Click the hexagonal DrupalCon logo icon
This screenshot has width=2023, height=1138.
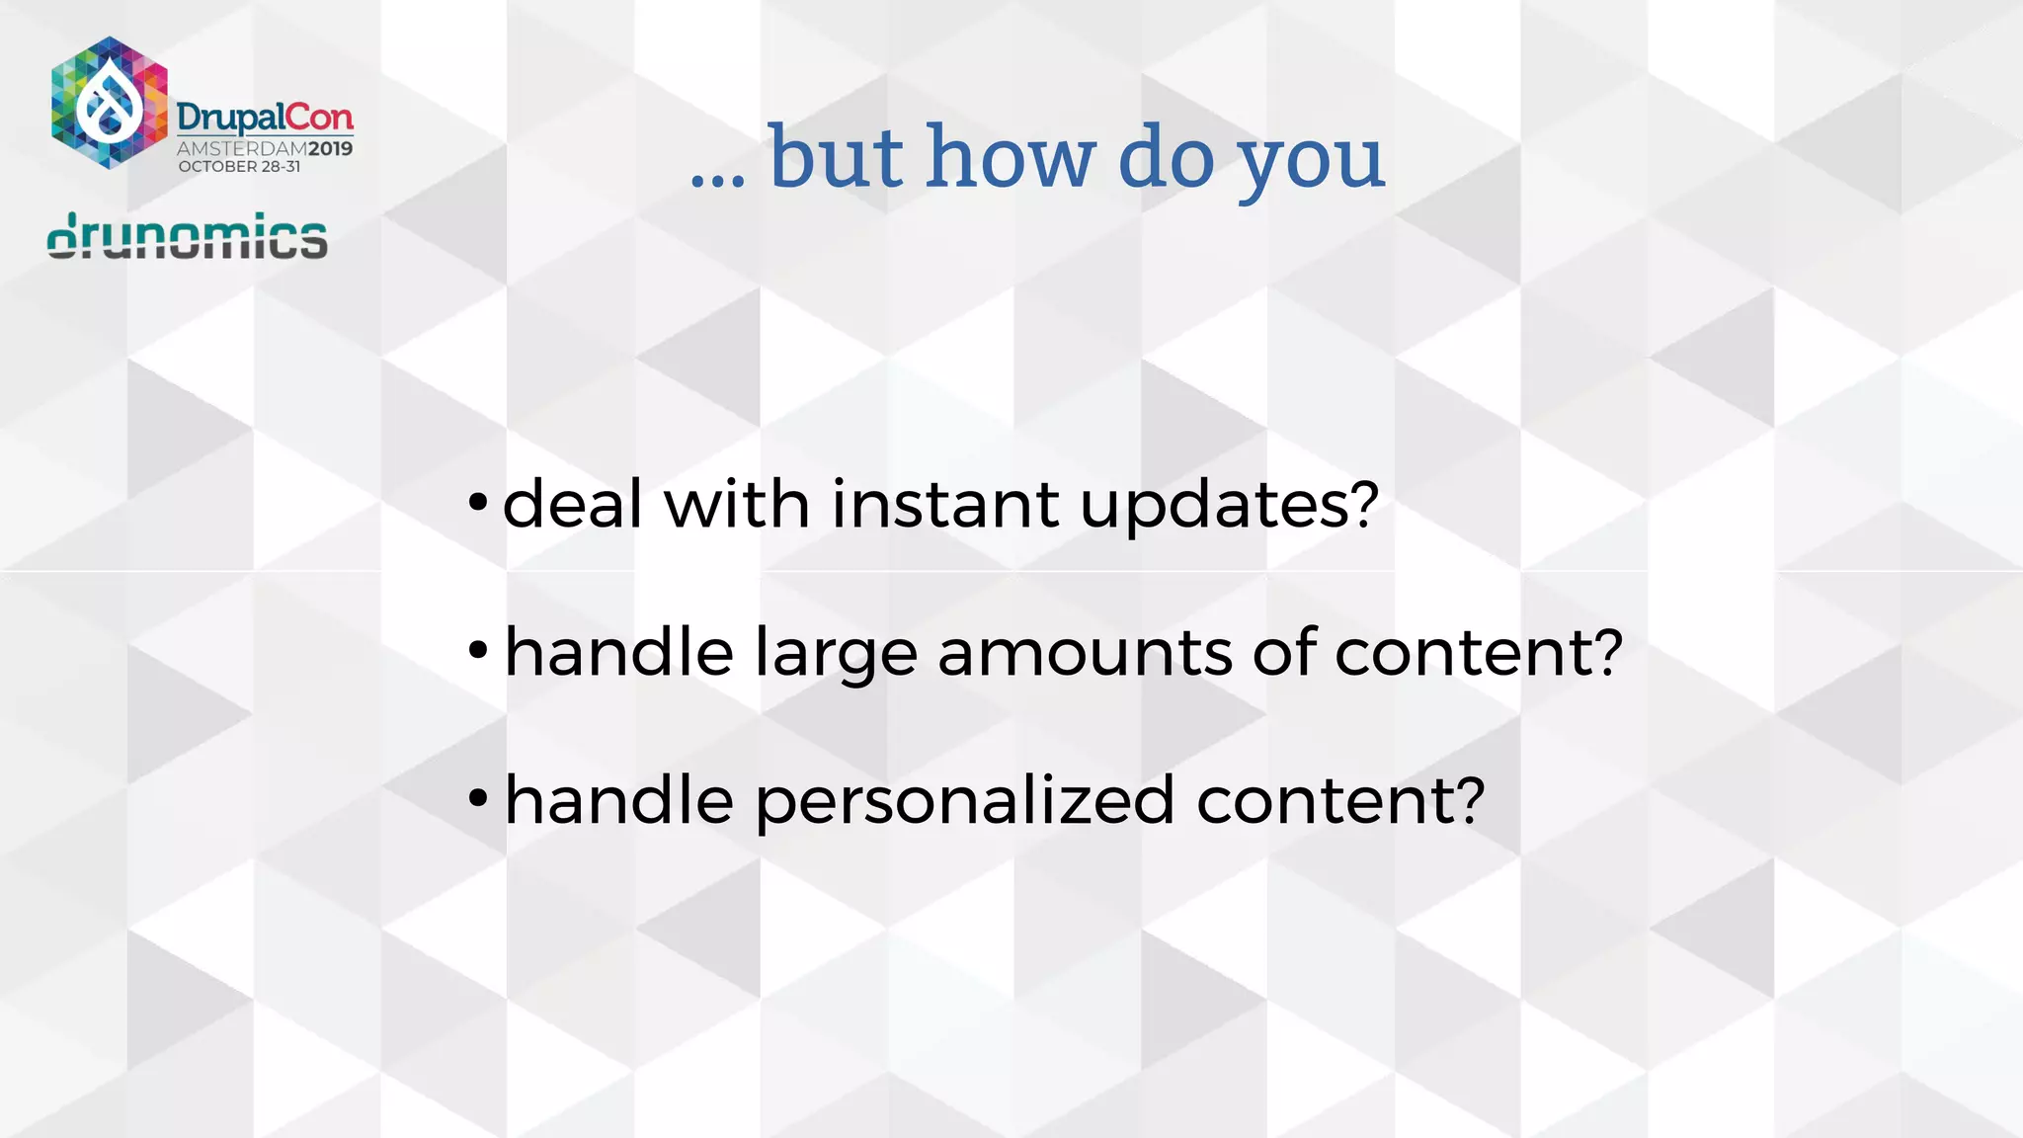[x=109, y=103]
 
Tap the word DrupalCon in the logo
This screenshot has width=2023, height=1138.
[x=265, y=119]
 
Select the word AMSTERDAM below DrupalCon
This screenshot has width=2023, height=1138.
[x=241, y=149]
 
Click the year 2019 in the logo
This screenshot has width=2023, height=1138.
[x=330, y=149]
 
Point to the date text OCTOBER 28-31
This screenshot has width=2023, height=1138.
[x=239, y=167]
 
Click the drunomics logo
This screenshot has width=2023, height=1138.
[x=188, y=237]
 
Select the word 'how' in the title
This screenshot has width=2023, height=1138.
[x=1011, y=158]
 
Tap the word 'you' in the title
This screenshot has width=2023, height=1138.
[x=1311, y=163]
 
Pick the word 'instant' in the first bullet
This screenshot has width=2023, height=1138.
[x=945, y=504]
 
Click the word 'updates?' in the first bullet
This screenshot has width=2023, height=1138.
[x=1229, y=506]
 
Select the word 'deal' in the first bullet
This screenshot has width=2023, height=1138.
[x=573, y=504]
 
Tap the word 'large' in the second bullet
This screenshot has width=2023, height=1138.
[x=836, y=655]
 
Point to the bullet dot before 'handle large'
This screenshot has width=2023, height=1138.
[x=478, y=650]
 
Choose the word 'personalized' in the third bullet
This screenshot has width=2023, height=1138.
[x=965, y=801]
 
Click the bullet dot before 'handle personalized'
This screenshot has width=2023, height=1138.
[x=478, y=798]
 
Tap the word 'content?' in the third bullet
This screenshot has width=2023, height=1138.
[x=1340, y=800]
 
